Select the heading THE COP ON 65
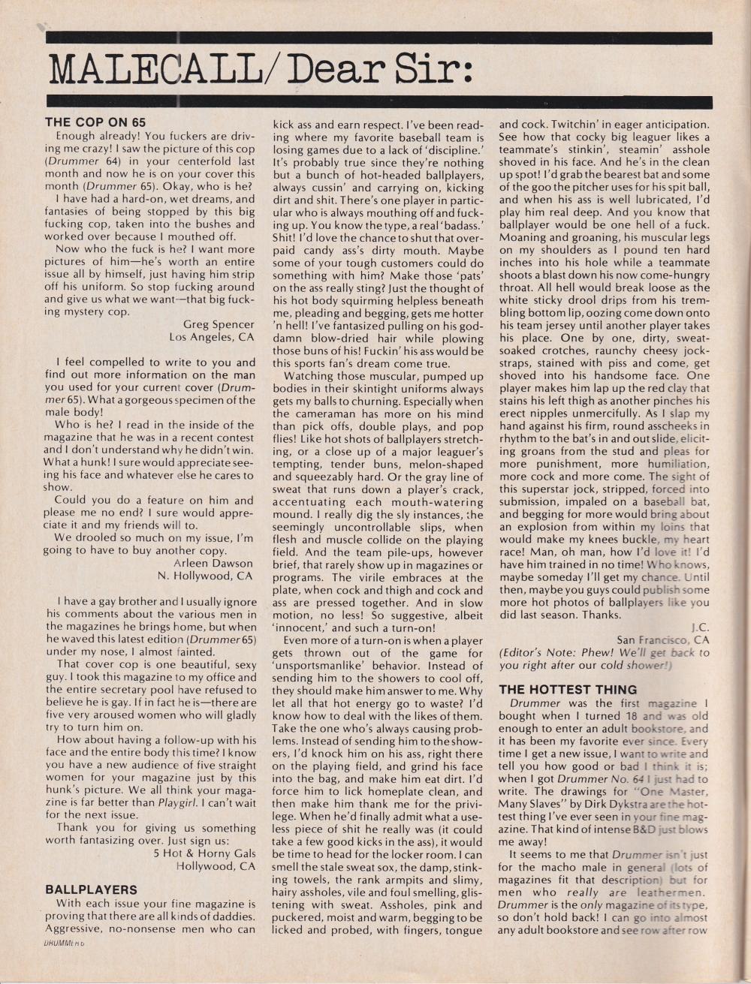pyautogui.click(x=95, y=122)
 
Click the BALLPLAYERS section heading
pyautogui.click(x=91, y=889)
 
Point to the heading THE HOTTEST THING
pyautogui.click(x=568, y=689)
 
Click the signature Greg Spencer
pyautogui.click(x=219, y=324)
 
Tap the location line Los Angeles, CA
pyautogui.click(x=212, y=337)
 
